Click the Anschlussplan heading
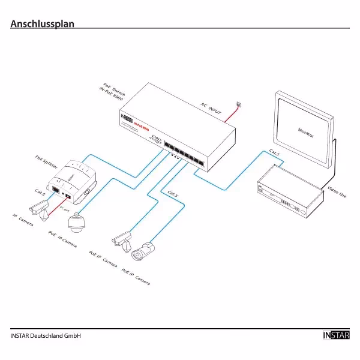(x=42, y=24)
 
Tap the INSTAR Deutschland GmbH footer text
(x=46, y=335)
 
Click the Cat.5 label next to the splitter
(x=40, y=193)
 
